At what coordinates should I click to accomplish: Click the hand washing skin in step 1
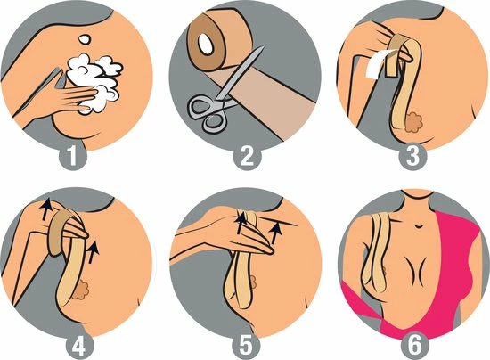pyautogui.click(x=45, y=89)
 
